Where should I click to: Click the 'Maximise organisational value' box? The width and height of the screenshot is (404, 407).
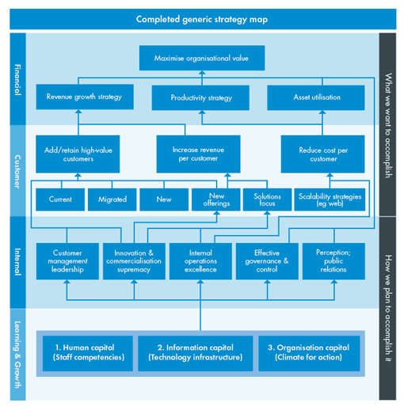(202, 58)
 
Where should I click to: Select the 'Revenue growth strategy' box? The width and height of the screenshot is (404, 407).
(85, 97)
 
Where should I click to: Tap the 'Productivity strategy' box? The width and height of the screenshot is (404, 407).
(200, 97)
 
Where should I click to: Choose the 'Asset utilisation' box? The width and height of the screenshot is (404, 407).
(316, 97)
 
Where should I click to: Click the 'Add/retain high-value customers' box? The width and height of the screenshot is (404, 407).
(78, 154)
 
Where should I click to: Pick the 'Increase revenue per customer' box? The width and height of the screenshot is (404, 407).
(198, 154)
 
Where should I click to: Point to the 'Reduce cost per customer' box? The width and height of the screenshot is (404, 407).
(322, 154)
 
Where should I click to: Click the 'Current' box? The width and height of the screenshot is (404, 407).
(60, 200)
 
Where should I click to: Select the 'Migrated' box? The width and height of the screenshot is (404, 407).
(112, 200)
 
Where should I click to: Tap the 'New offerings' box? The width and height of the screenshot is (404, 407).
(216, 200)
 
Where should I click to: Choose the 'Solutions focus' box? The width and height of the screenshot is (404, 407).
(267, 200)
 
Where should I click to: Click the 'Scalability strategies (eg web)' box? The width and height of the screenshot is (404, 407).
(330, 200)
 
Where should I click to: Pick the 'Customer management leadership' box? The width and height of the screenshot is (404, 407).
(67, 261)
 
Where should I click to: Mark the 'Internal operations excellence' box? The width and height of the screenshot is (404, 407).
(200, 261)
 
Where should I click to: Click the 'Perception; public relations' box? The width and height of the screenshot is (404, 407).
(333, 261)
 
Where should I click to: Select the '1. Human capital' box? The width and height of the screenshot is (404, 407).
(88, 353)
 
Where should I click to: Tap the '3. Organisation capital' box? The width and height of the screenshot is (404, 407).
(309, 353)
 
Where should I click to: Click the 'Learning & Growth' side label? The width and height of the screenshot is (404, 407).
(17, 355)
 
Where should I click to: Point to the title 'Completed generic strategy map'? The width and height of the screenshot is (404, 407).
(202, 19)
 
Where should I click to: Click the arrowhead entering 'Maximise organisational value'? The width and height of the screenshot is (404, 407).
(202, 73)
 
